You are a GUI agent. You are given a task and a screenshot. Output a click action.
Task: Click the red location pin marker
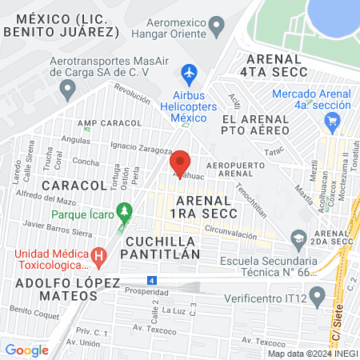click(180, 163)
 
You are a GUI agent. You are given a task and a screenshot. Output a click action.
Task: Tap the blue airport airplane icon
click(190, 74)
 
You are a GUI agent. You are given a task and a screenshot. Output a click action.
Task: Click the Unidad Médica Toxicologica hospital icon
click(98, 258)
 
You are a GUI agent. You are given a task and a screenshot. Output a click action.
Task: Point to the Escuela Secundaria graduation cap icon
click(298, 238)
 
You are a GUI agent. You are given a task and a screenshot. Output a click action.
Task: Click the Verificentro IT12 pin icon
click(318, 298)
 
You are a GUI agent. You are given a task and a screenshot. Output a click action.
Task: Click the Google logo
click(26, 349)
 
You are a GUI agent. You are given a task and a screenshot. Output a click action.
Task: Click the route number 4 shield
click(151, 280)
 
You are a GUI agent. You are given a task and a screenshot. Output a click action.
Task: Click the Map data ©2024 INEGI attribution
click(312, 353)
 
